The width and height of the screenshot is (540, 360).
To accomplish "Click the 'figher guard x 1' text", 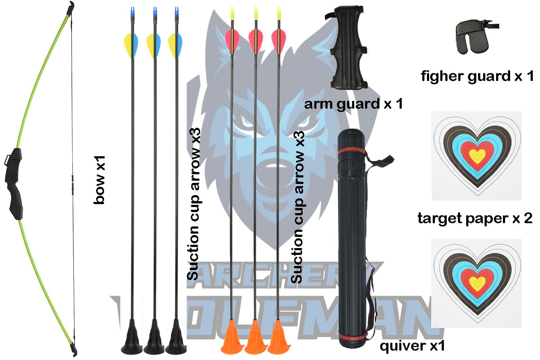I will [x=477, y=76].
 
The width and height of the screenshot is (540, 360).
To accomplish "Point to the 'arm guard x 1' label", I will [x=353, y=104].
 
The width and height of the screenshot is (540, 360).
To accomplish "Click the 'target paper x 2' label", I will [x=474, y=218].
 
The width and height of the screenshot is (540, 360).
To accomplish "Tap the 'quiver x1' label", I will [x=412, y=346].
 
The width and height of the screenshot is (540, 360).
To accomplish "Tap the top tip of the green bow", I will [x=72, y=6].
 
